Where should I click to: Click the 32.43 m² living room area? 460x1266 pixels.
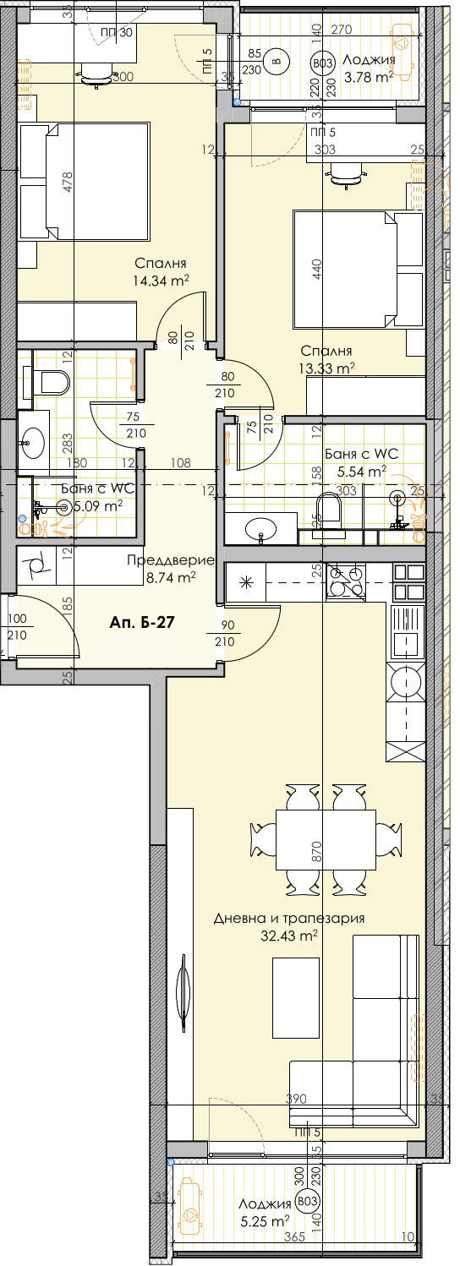pos(289,936)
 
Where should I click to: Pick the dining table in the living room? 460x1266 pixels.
pos(326,839)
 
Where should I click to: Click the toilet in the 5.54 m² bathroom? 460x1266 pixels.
pos(327,515)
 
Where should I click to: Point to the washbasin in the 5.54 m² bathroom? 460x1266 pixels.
pos(261,530)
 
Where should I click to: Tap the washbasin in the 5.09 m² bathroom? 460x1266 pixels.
pos(33,440)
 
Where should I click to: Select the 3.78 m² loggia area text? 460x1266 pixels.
pos(368,76)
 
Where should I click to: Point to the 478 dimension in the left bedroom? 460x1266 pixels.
pos(68,182)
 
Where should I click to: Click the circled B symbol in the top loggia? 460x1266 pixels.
pos(275,60)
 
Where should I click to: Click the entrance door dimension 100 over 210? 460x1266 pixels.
pos(18,626)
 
